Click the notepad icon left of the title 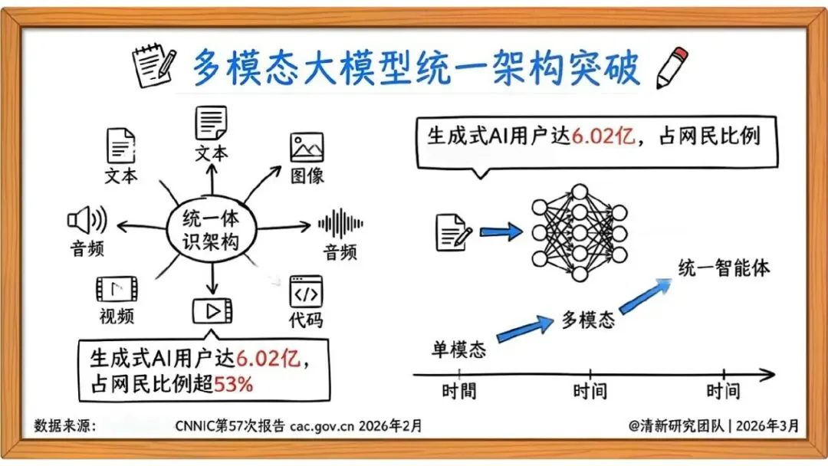click(x=155, y=68)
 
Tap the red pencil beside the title click(x=672, y=67)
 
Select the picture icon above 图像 click(x=307, y=147)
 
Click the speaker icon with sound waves click(x=86, y=222)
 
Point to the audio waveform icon click(x=340, y=224)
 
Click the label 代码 click(x=307, y=319)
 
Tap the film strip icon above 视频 click(x=117, y=289)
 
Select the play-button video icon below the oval click(x=212, y=310)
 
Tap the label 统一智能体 click(x=724, y=268)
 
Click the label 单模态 click(x=458, y=349)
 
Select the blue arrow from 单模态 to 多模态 click(x=524, y=328)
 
